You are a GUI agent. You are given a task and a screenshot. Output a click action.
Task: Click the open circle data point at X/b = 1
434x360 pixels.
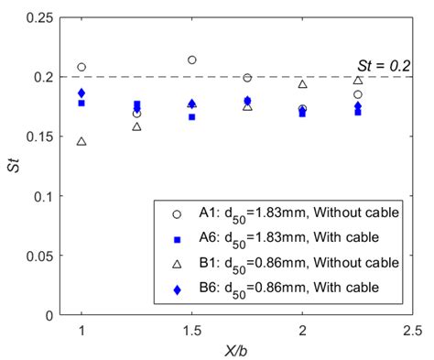81,67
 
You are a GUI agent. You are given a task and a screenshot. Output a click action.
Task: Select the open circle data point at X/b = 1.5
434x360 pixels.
192,60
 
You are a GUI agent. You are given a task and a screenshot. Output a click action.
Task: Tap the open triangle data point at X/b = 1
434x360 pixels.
81,142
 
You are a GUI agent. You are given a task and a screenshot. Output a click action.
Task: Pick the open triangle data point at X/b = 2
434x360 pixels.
302,84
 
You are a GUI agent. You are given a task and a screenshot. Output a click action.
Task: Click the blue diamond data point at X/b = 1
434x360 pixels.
81,93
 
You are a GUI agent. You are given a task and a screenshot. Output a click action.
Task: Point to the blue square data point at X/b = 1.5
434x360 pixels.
192,116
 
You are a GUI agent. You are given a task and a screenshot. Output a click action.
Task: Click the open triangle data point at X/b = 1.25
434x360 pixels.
136,126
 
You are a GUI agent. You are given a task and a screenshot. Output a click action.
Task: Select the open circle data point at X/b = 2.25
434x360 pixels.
358,94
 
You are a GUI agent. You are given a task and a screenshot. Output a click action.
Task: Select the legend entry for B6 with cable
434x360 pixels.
293,289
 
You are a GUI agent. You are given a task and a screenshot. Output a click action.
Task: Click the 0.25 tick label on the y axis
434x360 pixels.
39,17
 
